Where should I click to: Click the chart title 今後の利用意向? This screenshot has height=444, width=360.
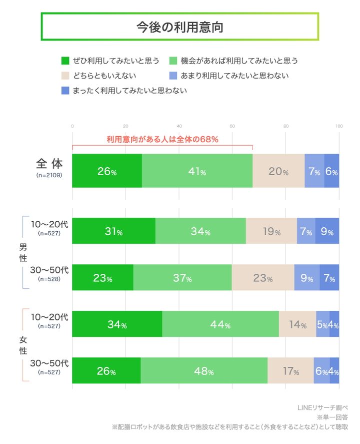[179, 27]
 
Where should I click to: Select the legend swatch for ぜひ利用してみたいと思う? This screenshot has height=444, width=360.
[65, 61]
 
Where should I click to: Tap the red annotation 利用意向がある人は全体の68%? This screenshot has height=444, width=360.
[162, 139]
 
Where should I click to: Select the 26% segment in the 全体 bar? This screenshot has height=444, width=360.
[107, 171]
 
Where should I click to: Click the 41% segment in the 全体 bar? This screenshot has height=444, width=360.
[197, 171]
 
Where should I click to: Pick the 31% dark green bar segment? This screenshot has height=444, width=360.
[114, 232]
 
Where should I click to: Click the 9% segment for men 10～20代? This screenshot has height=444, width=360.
[327, 232]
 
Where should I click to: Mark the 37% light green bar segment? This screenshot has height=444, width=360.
[182, 278]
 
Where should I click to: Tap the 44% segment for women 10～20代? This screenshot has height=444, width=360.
[220, 324]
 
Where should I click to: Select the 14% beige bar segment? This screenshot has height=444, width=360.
[297, 324]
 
